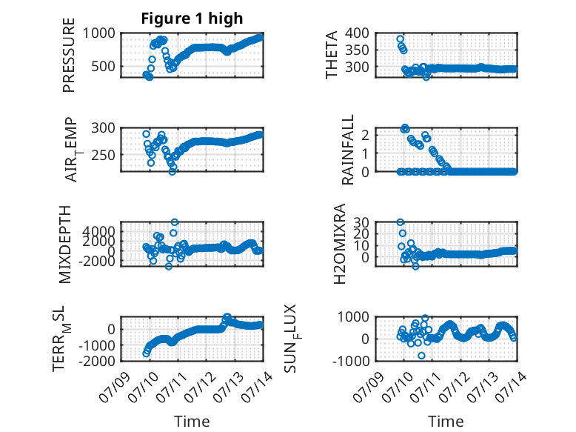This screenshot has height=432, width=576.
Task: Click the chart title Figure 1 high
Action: (x=192, y=19)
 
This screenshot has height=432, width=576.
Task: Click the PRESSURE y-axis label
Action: (x=69, y=55)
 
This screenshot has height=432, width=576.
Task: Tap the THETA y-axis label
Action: (x=332, y=55)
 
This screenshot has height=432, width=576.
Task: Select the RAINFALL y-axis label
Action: (x=347, y=150)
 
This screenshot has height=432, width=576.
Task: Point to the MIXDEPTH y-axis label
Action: (x=65, y=245)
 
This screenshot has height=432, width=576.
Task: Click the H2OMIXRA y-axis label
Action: (x=339, y=244)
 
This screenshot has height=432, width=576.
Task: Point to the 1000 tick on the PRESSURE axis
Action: (x=98, y=33)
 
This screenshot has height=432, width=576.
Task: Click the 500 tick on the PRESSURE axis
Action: (x=103, y=67)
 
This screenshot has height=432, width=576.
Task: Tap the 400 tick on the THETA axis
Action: (x=357, y=33)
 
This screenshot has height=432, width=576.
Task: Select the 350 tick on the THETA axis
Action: (x=357, y=50)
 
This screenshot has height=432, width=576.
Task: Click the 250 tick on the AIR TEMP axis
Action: (x=103, y=155)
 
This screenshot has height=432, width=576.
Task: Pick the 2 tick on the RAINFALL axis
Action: (x=365, y=136)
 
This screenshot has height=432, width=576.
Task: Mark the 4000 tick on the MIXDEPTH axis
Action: (x=98, y=232)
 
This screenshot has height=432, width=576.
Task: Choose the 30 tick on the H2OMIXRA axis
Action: (x=361, y=222)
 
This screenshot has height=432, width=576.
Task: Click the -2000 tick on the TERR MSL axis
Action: (x=96, y=361)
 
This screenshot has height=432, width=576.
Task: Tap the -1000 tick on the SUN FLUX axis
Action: (x=351, y=361)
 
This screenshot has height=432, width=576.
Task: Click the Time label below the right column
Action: (x=446, y=421)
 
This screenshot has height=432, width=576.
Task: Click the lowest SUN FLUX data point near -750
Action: (x=421, y=356)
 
